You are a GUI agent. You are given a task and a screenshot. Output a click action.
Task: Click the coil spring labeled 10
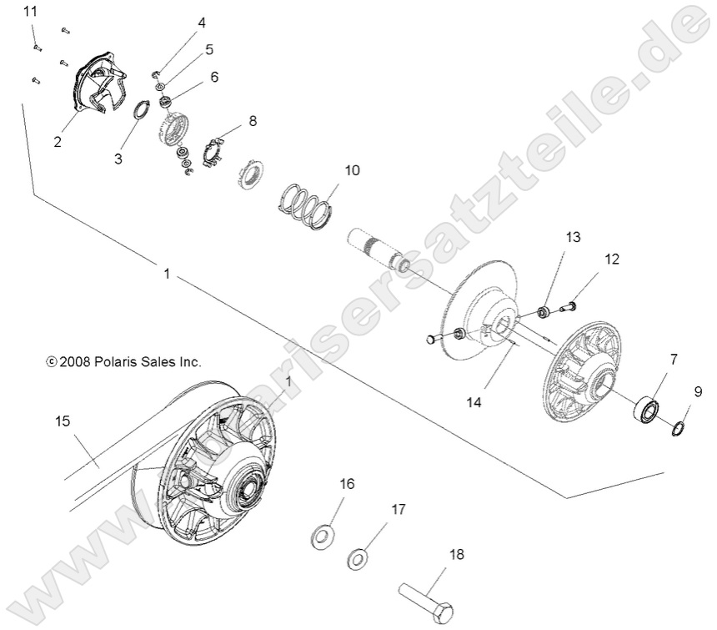(x=306, y=204)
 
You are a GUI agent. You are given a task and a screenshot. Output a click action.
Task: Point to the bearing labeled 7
(x=648, y=411)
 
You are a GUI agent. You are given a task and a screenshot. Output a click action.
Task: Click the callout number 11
(x=31, y=12)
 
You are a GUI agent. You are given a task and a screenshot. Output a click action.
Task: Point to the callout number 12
(x=612, y=260)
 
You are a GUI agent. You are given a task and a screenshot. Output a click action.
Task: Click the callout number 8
(x=253, y=121)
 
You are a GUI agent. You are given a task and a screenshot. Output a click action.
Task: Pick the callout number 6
(x=214, y=77)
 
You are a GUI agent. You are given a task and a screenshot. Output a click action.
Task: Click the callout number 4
(x=201, y=23)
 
